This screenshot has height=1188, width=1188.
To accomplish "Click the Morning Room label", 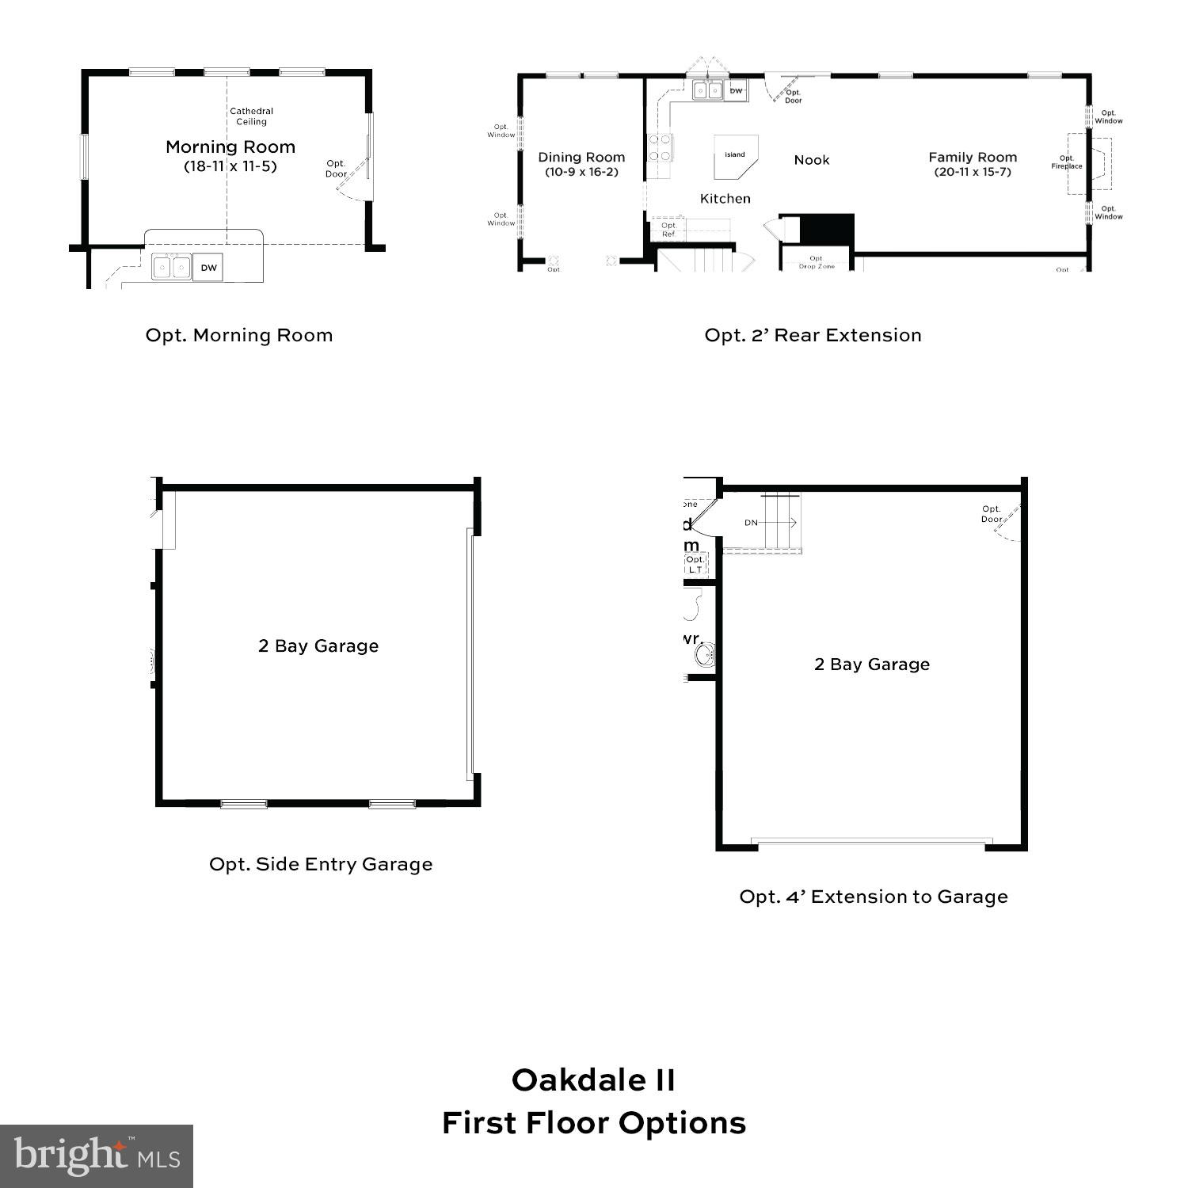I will [x=230, y=147].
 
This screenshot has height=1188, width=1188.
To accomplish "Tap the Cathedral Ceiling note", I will [x=252, y=116].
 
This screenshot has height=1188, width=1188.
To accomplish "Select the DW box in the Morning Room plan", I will [x=208, y=268].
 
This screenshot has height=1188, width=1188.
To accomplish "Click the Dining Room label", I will [x=581, y=158].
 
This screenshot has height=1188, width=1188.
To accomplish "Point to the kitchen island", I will [x=735, y=156].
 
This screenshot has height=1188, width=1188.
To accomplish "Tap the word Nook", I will [x=812, y=160].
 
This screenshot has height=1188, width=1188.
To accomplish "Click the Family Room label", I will [x=973, y=158].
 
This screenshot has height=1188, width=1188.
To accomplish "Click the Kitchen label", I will [x=725, y=199].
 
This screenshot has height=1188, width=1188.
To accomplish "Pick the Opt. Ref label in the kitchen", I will [x=668, y=230].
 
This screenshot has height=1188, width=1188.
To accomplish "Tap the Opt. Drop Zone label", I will [x=817, y=262].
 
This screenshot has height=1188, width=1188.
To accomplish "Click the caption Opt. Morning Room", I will [x=239, y=335].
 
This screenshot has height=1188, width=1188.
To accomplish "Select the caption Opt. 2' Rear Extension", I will [x=813, y=335].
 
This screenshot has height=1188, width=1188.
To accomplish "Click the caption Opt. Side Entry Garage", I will [x=321, y=864].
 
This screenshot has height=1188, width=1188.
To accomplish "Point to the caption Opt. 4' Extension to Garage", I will [x=874, y=897].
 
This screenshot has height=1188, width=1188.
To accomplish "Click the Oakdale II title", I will [x=593, y=1080].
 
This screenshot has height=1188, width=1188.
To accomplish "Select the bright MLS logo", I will [x=97, y=1156].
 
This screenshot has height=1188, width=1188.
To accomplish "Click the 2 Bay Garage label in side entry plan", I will [x=318, y=646].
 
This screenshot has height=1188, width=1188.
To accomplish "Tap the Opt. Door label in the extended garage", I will [x=992, y=514].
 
